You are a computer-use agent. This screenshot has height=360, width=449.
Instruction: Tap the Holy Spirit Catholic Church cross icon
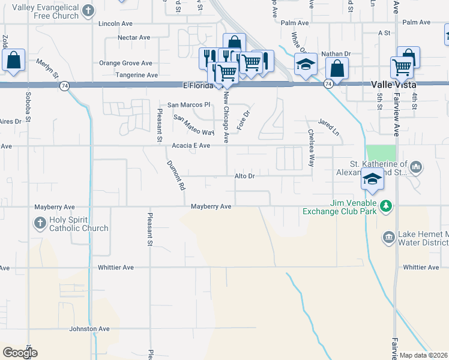click(40, 223)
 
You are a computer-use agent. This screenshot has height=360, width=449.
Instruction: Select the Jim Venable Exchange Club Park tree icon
click(387, 206)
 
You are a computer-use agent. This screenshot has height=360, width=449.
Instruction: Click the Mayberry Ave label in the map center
click(211, 206)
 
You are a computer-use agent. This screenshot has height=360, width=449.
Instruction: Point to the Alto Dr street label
click(245, 176)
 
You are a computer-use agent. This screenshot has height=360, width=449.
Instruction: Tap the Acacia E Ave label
click(191, 146)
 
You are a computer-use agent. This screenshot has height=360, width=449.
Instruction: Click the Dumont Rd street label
click(175, 175)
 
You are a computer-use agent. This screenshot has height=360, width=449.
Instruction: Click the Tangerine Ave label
click(136, 75)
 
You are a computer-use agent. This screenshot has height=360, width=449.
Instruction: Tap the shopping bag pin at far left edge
click(13, 60)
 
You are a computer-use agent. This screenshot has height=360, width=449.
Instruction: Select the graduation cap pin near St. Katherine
click(372, 179)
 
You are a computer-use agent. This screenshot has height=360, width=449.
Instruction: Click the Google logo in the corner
click(20, 353)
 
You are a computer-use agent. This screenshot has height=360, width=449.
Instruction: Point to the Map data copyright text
click(424, 355)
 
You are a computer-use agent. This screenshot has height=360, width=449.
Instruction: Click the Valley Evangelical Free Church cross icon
click(88, 10)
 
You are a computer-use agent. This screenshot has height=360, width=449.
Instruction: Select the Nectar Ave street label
click(134, 37)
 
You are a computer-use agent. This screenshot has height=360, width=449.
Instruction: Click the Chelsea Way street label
click(311, 148)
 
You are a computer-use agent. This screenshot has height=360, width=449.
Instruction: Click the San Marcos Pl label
click(189, 104)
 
